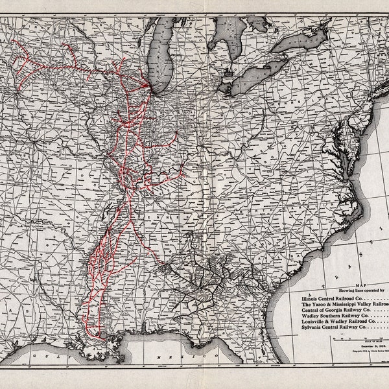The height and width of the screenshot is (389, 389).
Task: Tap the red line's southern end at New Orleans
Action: coord(99,335)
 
